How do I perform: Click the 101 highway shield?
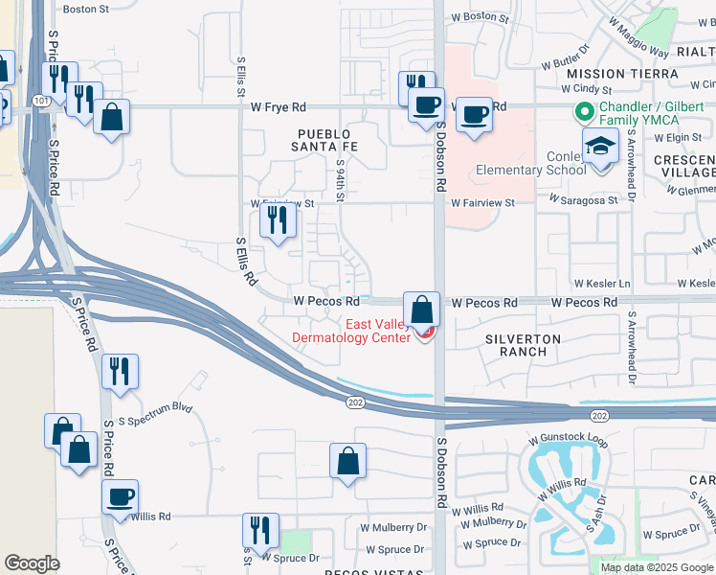(x=37, y=99)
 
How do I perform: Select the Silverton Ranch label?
(x=516, y=345)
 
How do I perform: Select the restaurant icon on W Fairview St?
(x=278, y=221)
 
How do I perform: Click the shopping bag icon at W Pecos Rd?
(x=421, y=310)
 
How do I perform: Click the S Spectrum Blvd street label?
(x=155, y=408)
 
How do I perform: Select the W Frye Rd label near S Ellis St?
(x=279, y=107)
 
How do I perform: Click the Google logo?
(x=32, y=563)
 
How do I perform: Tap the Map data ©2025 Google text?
(x=657, y=567)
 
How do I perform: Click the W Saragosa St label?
(x=586, y=202)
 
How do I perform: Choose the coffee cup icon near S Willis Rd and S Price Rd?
(x=121, y=497)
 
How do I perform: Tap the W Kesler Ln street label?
(x=602, y=285)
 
